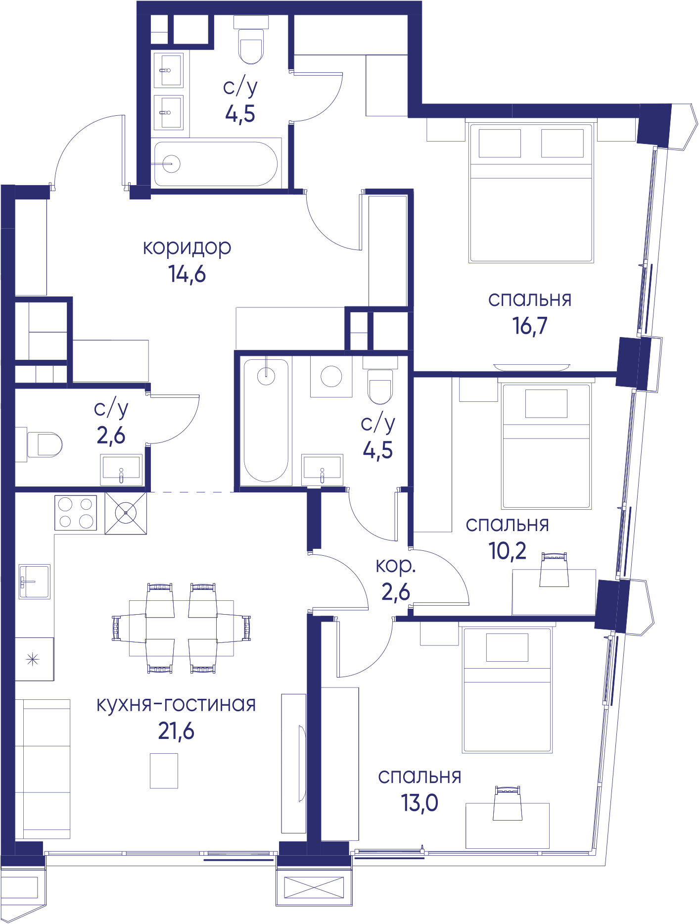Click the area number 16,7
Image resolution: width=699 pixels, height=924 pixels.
530,326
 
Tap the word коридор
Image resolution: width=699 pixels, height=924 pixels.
187,247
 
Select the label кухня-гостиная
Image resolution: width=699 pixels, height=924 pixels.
176,704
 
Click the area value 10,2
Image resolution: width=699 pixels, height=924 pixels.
508,550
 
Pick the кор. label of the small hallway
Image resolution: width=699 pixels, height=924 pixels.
396,566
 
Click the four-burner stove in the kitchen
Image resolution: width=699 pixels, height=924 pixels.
76,512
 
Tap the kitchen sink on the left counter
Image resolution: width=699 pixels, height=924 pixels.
35,582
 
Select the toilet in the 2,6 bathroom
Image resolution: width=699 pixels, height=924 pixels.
45,444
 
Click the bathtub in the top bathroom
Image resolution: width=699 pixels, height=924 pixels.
216,164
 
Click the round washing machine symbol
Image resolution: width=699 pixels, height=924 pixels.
331,377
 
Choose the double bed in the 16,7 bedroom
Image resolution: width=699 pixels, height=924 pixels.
531,193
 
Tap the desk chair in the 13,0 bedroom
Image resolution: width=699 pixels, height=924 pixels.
508,803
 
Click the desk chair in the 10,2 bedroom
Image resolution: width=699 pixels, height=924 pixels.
554,570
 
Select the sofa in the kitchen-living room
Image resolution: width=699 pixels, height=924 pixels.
43,769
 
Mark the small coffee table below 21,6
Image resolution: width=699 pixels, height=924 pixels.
164,771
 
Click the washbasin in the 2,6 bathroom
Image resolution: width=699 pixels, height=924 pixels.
122,470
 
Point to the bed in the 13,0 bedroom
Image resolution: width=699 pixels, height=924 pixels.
507,690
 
